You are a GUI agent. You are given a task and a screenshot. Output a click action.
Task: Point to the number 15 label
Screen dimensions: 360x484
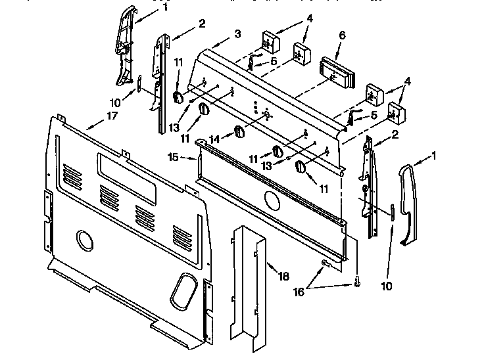(174, 157)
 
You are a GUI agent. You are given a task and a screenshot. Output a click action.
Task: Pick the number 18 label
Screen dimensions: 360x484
(283, 277)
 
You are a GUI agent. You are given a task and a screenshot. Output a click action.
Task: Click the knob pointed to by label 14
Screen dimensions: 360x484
(239, 132)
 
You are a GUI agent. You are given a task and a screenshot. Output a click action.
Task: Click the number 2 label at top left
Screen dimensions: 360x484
(202, 24)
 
